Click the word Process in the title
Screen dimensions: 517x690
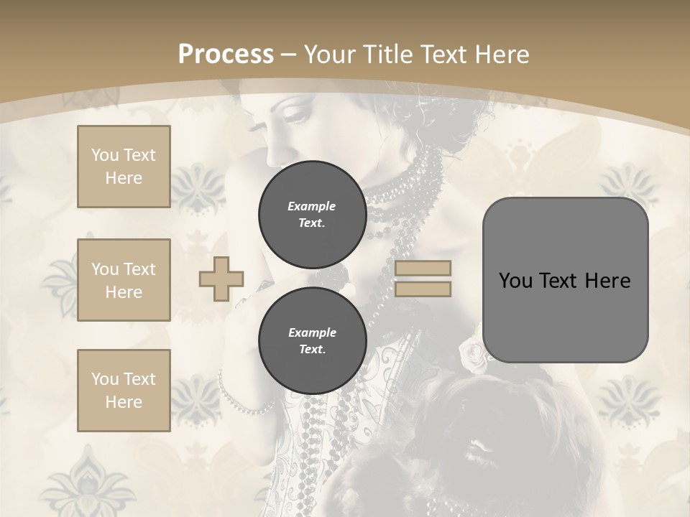(x=226, y=55)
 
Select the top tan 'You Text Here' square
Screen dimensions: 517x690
(x=124, y=167)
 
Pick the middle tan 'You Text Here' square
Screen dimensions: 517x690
(x=124, y=280)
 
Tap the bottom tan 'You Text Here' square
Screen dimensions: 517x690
(x=124, y=390)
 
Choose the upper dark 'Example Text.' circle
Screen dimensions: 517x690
(x=312, y=214)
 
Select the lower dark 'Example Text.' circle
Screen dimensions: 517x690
(x=312, y=340)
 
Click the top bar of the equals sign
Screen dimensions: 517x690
(x=423, y=269)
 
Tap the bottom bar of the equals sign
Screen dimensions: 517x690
(x=423, y=289)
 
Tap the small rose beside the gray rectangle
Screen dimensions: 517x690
(x=472, y=353)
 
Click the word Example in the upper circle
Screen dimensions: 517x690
(x=312, y=206)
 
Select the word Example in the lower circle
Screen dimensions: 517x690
(x=312, y=332)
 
